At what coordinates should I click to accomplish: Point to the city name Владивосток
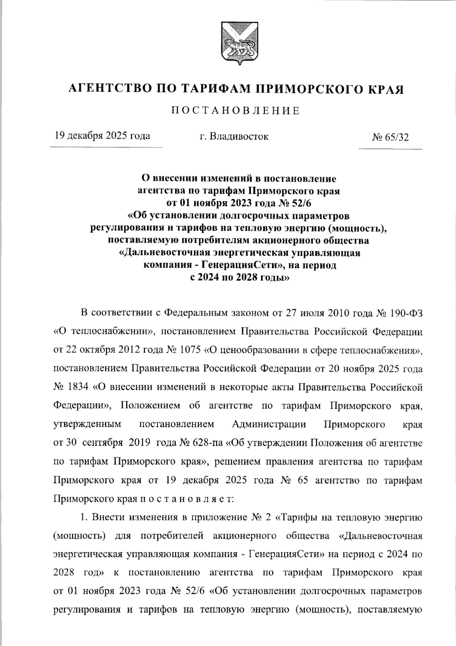click(239, 136)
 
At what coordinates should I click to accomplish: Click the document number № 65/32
click(391, 137)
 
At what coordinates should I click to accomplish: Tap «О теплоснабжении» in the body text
click(103, 332)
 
